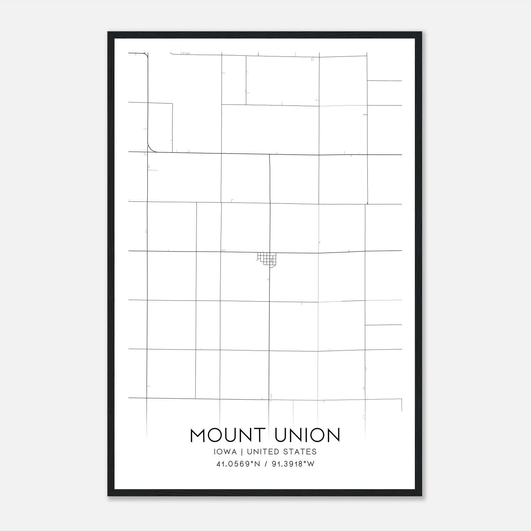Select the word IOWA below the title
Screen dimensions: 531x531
click(x=226, y=452)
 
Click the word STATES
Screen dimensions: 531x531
click(x=300, y=452)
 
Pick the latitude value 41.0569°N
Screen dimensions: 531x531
click(x=238, y=464)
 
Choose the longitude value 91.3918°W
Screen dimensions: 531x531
click(x=293, y=464)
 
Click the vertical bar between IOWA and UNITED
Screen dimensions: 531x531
click(x=242, y=452)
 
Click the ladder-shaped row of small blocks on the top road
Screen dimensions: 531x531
click(x=185, y=53)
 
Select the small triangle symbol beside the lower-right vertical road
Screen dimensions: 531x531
click(x=364, y=388)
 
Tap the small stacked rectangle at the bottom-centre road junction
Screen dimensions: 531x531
click(x=270, y=396)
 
